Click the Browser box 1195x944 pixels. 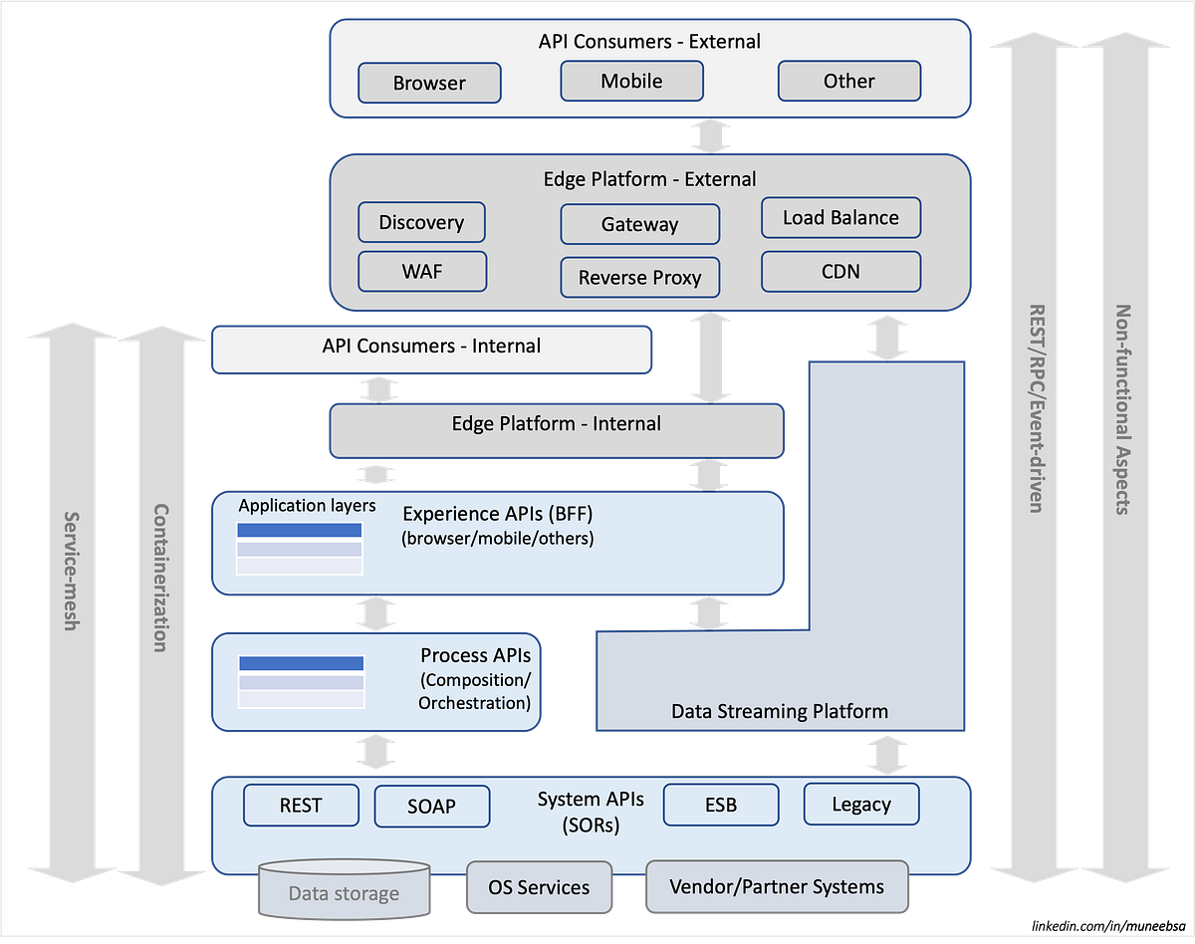[x=429, y=84]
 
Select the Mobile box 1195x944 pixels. [x=631, y=82]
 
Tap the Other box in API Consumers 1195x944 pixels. [x=848, y=82]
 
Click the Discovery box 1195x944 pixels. [x=421, y=222]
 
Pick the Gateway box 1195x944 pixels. [x=639, y=225]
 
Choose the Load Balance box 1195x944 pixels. [x=840, y=218]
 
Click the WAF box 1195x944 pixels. [x=421, y=271]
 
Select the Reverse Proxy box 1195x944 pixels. [x=639, y=278]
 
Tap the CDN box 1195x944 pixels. [x=840, y=271]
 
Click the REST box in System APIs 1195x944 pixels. [x=301, y=805]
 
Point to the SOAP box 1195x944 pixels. [x=431, y=806]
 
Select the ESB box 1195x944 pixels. [x=720, y=805]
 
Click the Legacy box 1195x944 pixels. [x=860, y=804]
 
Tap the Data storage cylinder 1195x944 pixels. [x=344, y=892]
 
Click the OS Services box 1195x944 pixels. [x=538, y=887]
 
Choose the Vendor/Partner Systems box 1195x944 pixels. [x=777, y=886]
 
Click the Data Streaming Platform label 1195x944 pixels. [x=780, y=711]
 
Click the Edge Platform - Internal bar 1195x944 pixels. [x=556, y=424]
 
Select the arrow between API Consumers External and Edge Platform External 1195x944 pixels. [x=710, y=135]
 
